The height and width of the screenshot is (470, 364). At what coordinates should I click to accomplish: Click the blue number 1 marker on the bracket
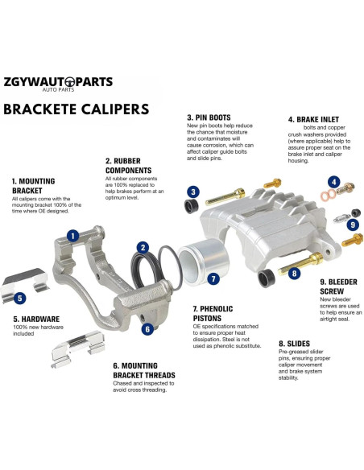73,236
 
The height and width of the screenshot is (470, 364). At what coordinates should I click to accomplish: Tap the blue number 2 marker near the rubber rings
143,248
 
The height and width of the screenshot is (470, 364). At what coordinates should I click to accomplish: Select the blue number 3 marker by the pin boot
193,192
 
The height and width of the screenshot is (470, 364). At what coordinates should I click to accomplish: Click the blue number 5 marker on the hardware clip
19,299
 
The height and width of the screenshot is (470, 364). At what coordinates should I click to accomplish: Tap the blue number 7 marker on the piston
213,279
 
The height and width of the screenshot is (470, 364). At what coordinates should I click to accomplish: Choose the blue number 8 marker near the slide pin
296,274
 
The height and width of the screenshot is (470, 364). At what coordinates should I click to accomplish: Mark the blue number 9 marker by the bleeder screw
352,225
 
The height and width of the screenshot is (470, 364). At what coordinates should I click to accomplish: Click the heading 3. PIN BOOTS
214,116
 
